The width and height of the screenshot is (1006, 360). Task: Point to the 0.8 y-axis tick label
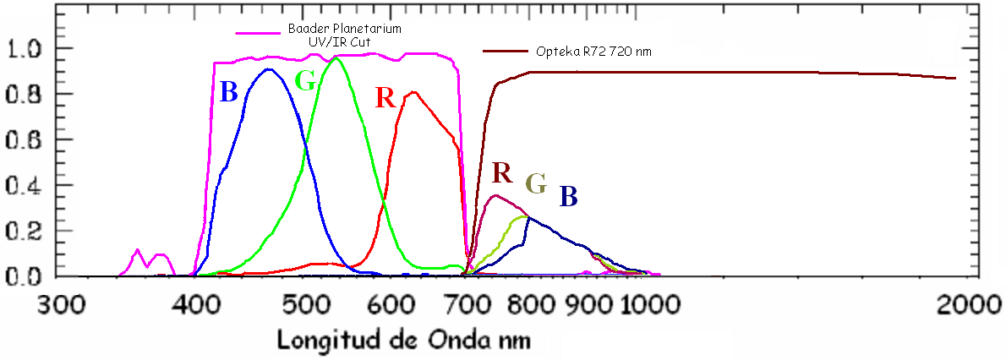coord(30,94)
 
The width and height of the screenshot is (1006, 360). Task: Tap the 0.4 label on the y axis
coord(30,185)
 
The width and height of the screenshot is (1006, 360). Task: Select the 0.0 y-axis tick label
coord(30,276)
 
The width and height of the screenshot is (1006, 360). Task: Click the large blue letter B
coord(228,91)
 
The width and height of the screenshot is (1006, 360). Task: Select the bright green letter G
coord(306,82)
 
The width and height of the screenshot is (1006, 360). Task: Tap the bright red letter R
coord(385,97)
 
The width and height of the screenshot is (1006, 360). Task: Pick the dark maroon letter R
coord(502,173)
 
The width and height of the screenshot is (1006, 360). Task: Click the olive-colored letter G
coord(536,183)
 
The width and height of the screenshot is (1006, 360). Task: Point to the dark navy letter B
coord(568,197)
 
